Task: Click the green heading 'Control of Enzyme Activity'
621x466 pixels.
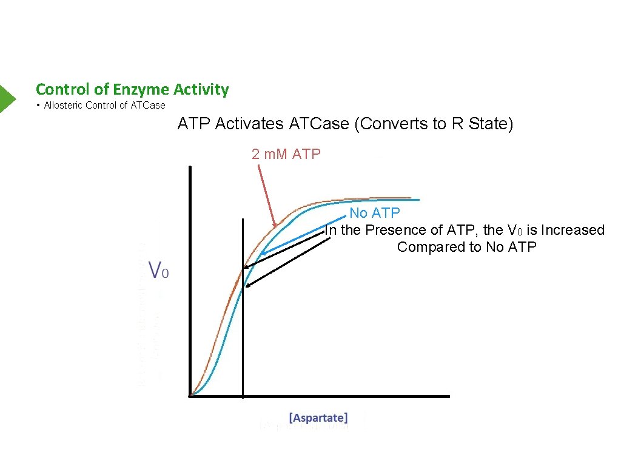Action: tap(132, 90)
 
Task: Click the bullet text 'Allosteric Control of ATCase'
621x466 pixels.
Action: tap(104, 105)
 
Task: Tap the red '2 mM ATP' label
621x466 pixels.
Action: tap(286, 154)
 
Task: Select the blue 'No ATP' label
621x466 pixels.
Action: tap(374, 214)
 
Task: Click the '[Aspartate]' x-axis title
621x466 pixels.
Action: tap(318, 417)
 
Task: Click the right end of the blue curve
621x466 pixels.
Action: tap(419, 200)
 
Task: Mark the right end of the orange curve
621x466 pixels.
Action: tap(411, 198)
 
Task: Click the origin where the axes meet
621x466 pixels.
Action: tap(190, 396)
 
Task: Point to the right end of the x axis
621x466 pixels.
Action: tap(449, 396)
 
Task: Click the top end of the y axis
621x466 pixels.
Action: tap(190, 167)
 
